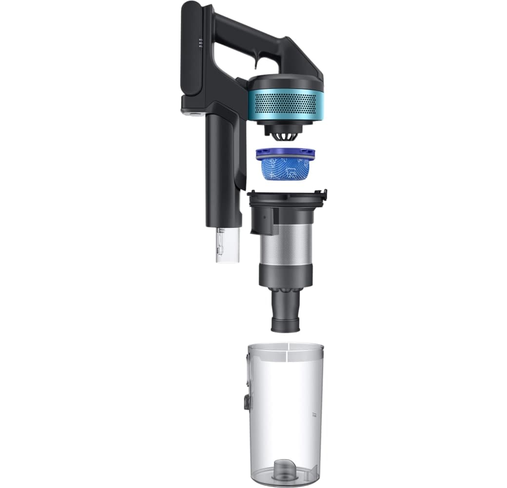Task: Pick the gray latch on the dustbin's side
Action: tap(247, 402)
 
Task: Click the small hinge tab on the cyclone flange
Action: tap(322, 194)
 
